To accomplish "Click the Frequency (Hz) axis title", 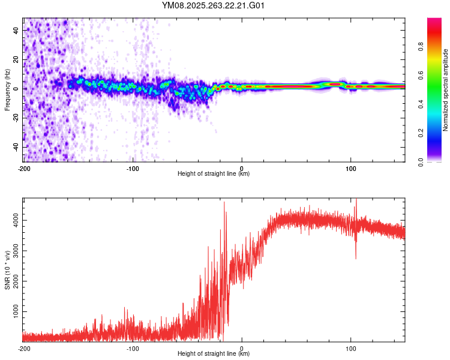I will tap(8, 89).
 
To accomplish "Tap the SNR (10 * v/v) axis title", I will tap(8, 269).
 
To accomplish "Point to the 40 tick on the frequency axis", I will tap(16, 30).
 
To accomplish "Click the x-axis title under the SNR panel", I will tap(214, 354).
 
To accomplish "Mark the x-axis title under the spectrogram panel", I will tap(214, 174).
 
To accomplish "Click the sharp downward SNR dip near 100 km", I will tap(356, 258).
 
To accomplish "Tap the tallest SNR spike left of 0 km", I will tap(224, 203).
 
